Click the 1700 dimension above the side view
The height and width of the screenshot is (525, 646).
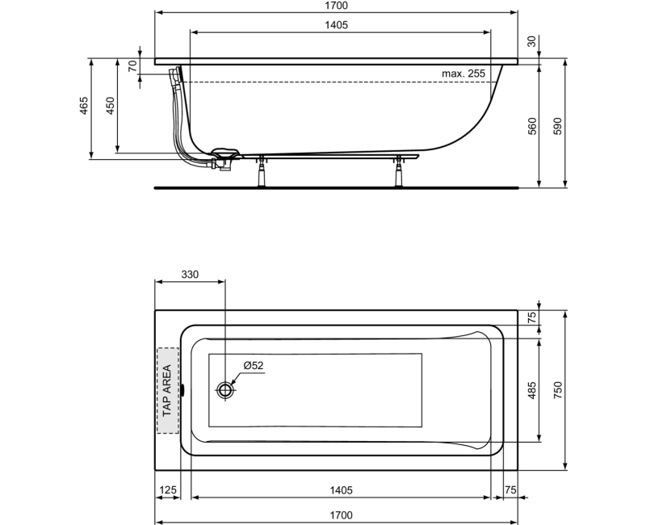(x=336, y=6)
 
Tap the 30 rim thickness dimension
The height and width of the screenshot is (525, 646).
(x=531, y=42)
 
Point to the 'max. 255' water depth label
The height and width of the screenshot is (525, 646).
(x=463, y=73)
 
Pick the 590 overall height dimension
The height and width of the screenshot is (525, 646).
(x=556, y=125)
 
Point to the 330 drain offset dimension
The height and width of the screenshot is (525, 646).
(x=189, y=275)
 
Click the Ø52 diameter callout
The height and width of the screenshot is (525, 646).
(x=253, y=365)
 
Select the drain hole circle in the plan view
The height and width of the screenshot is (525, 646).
(x=225, y=390)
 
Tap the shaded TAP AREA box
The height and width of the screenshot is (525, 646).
(x=167, y=390)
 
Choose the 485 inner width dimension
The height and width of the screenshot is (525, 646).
(x=531, y=391)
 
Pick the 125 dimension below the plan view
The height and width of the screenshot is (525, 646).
(x=168, y=490)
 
